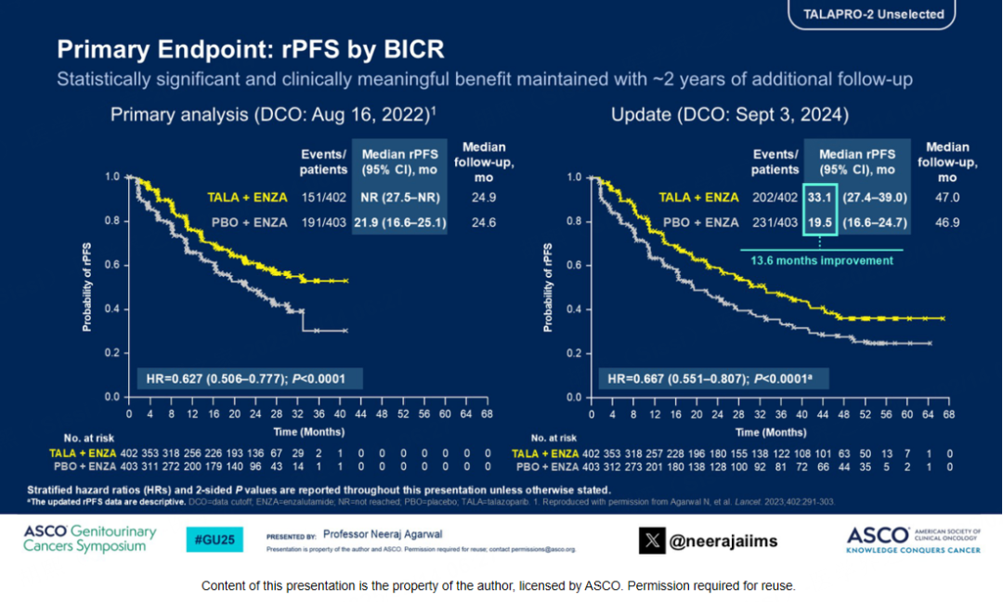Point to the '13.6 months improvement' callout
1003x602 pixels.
pyautogui.click(x=821, y=261)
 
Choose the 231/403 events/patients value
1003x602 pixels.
pyautogui.click(x=775, y=222)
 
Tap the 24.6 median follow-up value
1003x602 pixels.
pyautogui.click(x=480, y=222)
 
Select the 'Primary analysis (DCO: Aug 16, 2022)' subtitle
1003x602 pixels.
pyautogui.click(x=273, y=115)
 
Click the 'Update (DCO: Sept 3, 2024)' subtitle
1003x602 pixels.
pyautogui.click(x=729, y=115)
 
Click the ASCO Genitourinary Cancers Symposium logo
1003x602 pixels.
pyautogui.click(x=89, y=539)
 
